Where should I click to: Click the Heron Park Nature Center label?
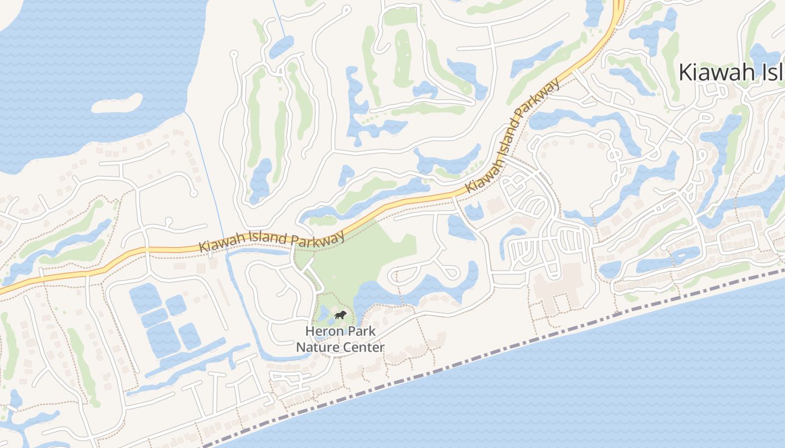[340, 339]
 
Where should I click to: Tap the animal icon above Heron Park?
[340, 316]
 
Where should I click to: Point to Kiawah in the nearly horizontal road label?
[219, 245]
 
